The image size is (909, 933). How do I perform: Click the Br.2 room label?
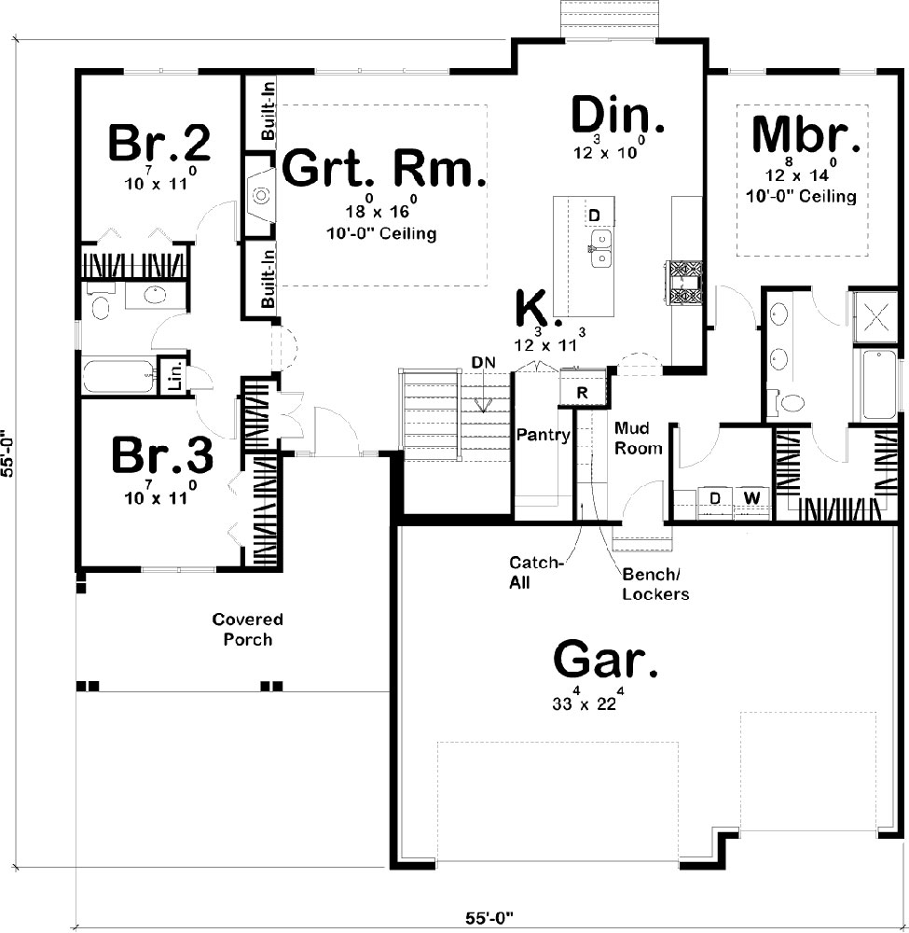click(158, 143)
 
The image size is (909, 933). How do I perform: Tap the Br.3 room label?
click(162, 456)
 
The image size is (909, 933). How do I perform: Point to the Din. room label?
click(618, 116)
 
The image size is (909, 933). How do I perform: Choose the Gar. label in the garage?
click(606, 661)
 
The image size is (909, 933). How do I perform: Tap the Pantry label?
click(544, 435)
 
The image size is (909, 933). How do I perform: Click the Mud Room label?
click(638, 439)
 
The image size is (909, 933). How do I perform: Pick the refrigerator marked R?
click(582, 393)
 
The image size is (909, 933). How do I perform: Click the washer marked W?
click(750, 498)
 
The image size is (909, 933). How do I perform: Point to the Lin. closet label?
click(174, 376)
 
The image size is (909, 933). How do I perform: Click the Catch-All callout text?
click(537, 571)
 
